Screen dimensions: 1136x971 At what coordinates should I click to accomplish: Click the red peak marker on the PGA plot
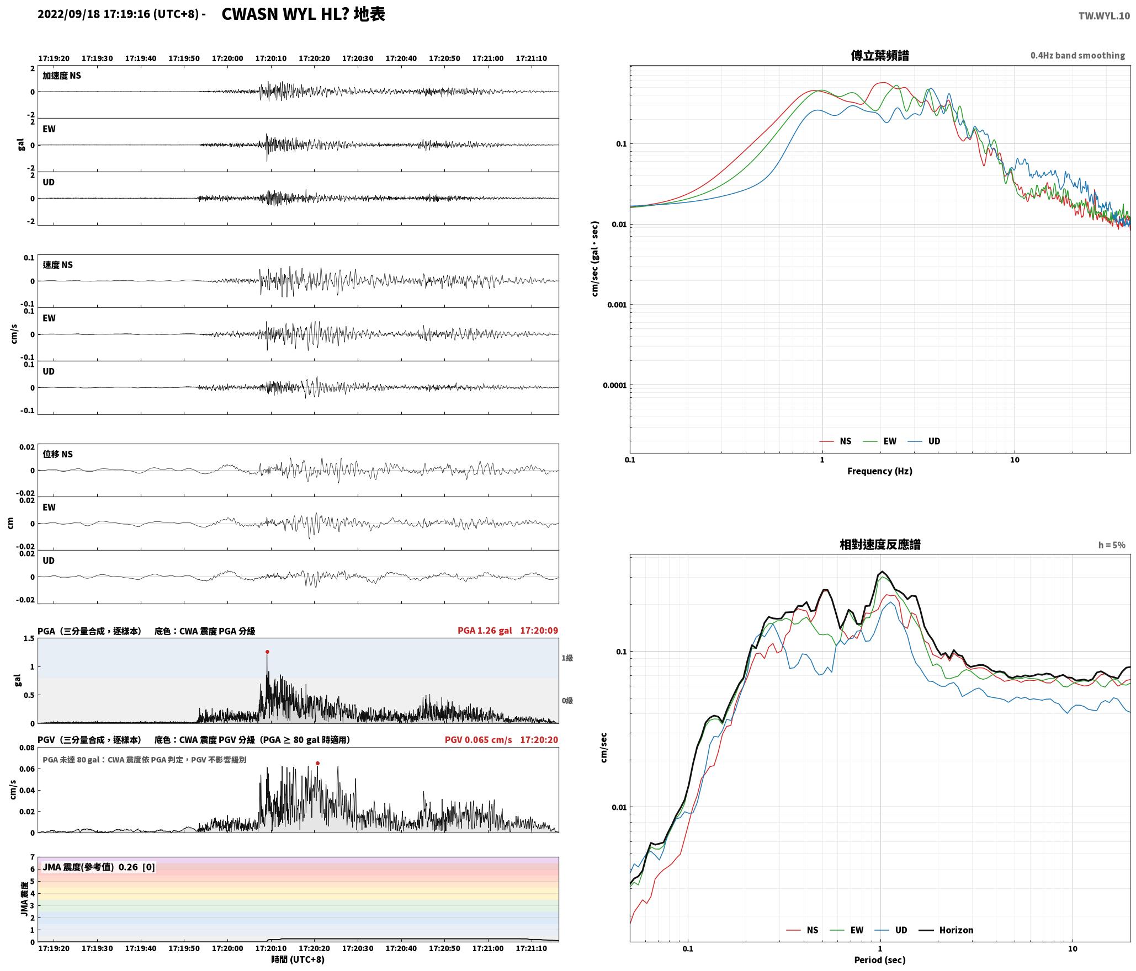(267, 652)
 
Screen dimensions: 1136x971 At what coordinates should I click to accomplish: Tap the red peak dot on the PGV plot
(317, 763)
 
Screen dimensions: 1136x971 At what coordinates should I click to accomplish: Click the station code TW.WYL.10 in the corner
(1104, 16)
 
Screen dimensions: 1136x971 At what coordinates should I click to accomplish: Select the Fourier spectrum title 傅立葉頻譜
(880, 55)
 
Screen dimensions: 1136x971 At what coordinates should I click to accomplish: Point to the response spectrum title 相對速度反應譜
(880, 545)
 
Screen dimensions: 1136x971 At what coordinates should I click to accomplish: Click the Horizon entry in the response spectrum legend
(946, 930)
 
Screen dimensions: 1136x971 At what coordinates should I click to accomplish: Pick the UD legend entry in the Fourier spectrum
(925, 441)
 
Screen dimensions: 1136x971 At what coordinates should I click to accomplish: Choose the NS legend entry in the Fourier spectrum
(836, 441)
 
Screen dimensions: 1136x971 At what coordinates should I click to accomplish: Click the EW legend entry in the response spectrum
(847, 930)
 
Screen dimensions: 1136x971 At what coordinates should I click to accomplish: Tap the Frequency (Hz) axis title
(880, 471)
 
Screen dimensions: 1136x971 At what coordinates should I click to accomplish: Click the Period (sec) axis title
(880, 959)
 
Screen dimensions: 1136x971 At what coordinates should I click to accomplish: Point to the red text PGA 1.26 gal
(485, 631)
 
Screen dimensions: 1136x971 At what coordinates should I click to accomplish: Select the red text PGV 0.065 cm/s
(478, 740)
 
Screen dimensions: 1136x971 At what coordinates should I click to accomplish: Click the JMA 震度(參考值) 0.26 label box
(98, 867)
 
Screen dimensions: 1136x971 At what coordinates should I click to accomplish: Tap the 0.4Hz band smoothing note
(1077, 55)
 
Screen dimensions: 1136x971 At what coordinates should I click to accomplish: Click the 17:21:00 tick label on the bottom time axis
(488, 948)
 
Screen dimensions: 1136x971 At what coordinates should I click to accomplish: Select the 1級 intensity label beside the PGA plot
(567, 658)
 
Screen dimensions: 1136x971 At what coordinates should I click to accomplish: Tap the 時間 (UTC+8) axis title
(298, 959)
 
